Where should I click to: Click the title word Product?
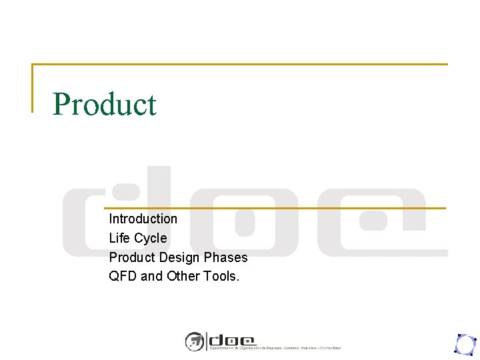click(105, 105)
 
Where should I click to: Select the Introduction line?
click(143, 219)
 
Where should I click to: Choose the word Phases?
click(226, 257)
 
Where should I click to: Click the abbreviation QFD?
click(123, 276)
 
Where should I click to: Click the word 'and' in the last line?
click(151, 276)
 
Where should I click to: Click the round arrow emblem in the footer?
click(194, 341)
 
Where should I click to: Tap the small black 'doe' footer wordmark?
click(232, 339)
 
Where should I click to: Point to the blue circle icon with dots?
click(464, 344)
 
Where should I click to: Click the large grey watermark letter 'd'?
click(117, 213)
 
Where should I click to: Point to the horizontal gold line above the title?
click(240, 65)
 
